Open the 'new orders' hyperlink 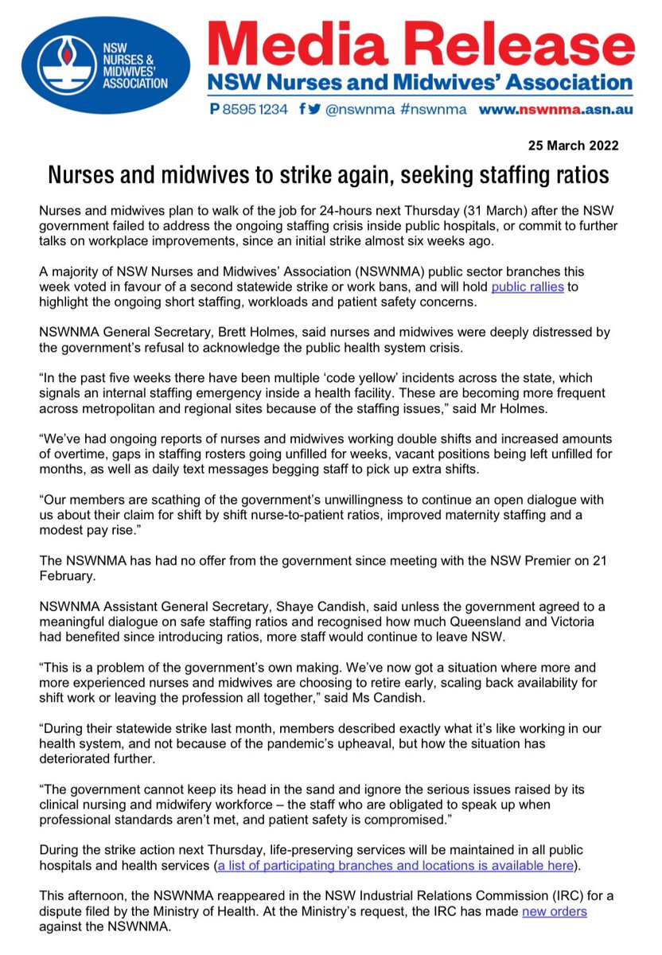pos(554,911)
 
